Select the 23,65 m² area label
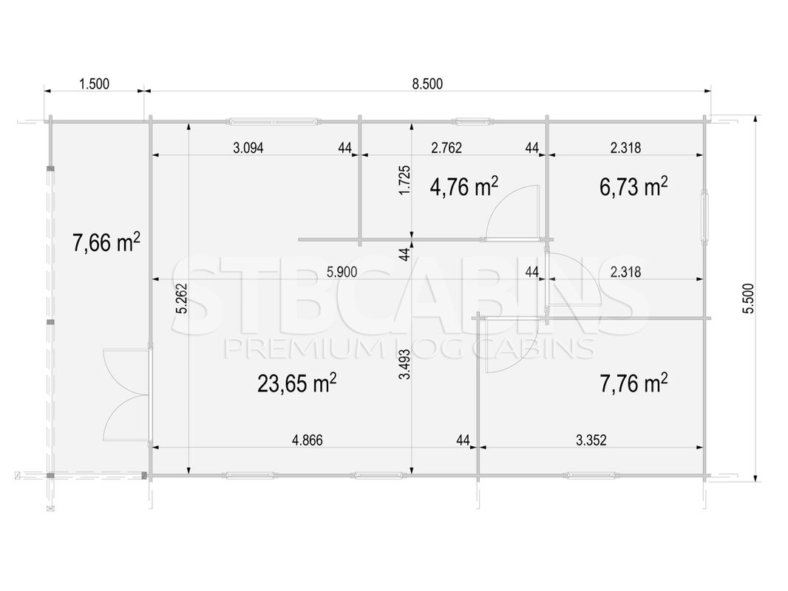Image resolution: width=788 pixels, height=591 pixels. [297, 383]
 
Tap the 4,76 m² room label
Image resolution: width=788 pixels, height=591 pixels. [463, 187]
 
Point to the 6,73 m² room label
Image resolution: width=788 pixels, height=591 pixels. [634, 187]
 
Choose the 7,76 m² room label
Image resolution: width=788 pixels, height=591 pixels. [634, 383]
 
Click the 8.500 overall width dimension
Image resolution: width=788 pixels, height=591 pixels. [427, 84]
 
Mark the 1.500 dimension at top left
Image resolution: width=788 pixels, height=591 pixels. [94, 84]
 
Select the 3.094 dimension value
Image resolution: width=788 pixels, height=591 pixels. [248, 148]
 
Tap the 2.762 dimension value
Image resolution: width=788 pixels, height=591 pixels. [446, 148]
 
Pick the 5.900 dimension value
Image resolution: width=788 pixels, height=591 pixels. [342, 272]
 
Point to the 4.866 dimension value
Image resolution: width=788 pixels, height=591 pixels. [307, 440]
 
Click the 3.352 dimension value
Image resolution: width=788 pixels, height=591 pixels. [591, 440]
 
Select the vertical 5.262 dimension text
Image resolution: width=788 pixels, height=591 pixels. [181, 298]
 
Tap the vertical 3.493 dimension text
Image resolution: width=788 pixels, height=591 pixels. [405, 364]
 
